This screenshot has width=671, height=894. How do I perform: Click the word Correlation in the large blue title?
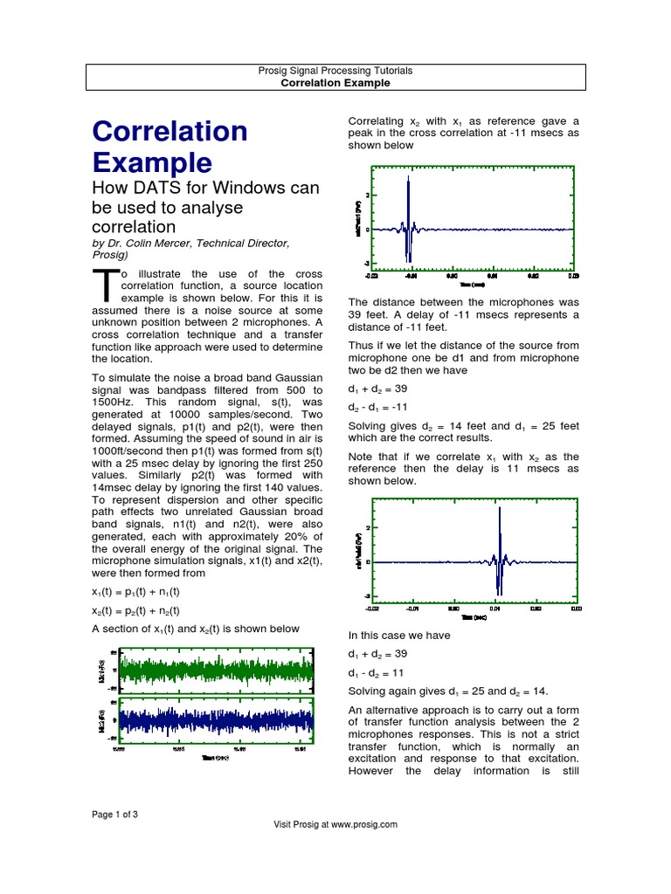point(169,131)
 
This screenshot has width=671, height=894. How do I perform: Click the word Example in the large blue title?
point(152,162)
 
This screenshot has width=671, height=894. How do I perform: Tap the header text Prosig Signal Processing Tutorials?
point(335,70)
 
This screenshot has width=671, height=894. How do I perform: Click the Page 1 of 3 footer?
point(115,814)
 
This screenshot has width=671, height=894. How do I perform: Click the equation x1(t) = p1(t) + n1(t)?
point(135,593)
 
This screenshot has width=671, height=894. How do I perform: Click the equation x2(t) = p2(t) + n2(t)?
point(135,611)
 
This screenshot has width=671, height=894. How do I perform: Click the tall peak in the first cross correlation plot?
point(408,201)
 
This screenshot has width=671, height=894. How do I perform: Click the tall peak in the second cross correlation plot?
point(499,533)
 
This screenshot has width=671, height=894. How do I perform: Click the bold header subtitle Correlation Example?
point(335,83)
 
